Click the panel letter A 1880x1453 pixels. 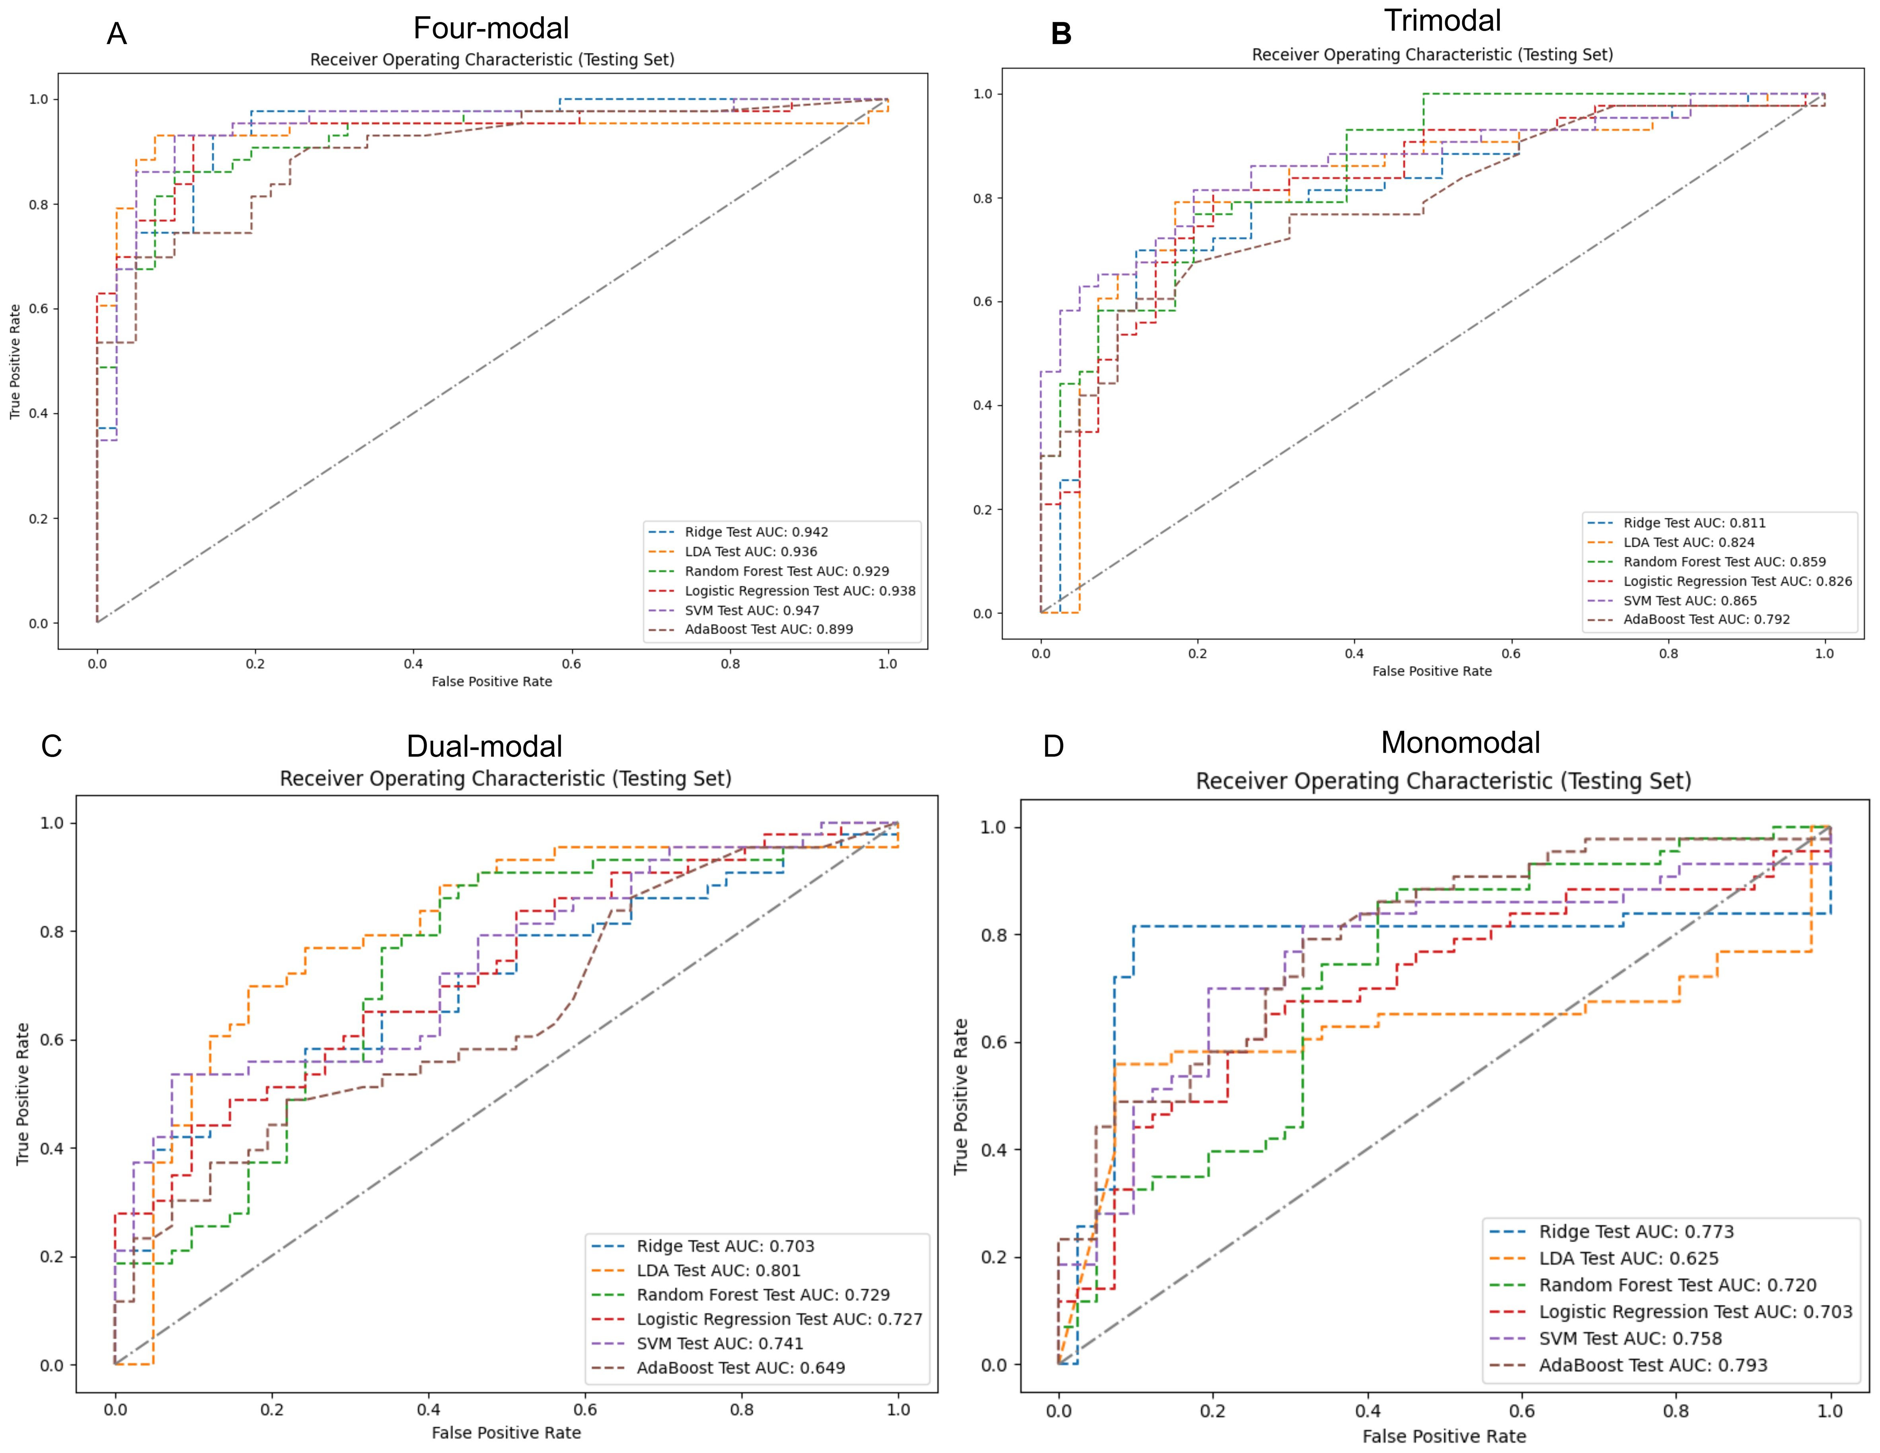click(116, 35)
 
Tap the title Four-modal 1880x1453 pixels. click(491, 28)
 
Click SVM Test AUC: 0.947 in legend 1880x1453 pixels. click(752, 610)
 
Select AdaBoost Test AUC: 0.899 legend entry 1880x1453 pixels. click(769, 629)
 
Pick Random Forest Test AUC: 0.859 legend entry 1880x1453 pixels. click(1724, 561)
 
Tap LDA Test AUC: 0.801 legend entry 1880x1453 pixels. click(718, 1270)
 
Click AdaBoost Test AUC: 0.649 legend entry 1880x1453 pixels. click(740, 1368)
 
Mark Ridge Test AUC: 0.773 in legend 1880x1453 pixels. click(1636, 1232)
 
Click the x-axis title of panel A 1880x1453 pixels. click(491, 682)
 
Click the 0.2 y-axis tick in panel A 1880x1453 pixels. click(39, 519)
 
